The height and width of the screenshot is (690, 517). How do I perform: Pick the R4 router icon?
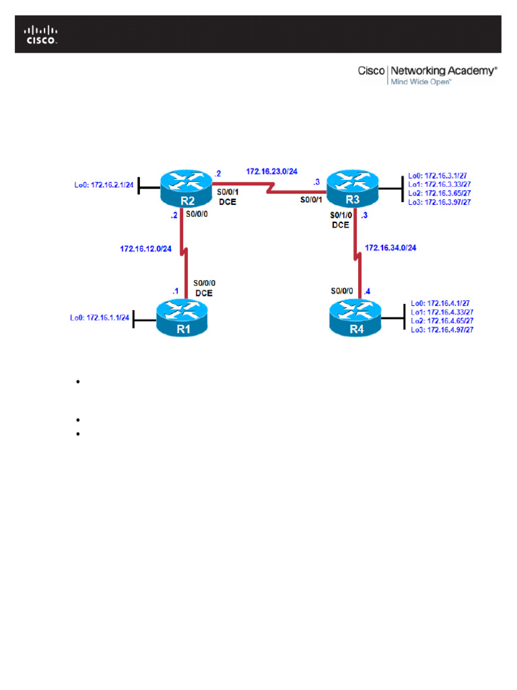pyautogui.click(x=355, y=319)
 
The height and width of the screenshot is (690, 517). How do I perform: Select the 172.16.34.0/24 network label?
pyautogui.click(x=390, y=248)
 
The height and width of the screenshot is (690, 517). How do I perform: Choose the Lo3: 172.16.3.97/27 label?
pyautogui.click(x=439, y=201)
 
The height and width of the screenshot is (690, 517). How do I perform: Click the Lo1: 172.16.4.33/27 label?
pyautogui.click(x=441, y=312)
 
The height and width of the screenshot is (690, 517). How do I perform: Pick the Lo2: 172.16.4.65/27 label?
pyautogui.click(x=441, y=321)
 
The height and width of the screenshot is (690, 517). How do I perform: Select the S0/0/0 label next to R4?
pyautogui.click(x=343, y=291)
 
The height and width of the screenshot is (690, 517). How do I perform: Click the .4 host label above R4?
pyautogui.click(x=367, y=291)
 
